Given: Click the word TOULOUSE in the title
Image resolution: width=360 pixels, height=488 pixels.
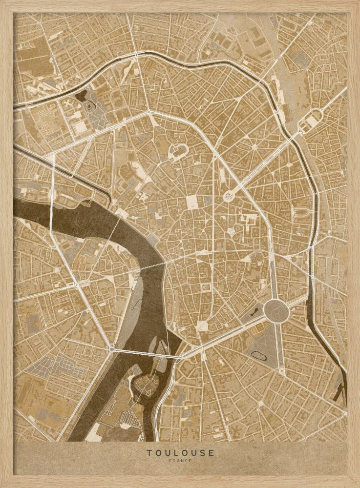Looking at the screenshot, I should [180, 453].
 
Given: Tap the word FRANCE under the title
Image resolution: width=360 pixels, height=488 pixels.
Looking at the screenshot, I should [180, 461].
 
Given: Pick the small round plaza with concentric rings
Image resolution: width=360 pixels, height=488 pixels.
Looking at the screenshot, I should [229, 196].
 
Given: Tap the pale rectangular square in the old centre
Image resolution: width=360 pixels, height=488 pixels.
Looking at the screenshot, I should [192, 201].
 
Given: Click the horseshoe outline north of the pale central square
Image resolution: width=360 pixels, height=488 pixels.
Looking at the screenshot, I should [177, 152].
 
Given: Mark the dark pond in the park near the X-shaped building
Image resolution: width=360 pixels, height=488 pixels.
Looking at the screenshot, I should [81, 95].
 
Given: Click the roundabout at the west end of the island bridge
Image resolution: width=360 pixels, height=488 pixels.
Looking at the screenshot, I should [112, 349].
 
